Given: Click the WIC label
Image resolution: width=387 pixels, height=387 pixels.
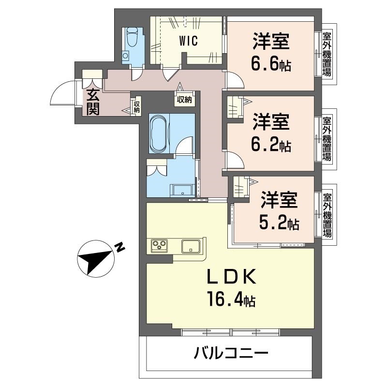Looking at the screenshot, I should click(x=189, y=41).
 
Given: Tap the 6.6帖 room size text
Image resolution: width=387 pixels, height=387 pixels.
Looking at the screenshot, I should click(x=271, y=64).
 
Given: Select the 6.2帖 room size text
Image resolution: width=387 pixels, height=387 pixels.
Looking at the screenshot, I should click(x=271, y=144).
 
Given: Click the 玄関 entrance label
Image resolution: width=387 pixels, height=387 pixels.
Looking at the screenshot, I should click(x=93, y=102).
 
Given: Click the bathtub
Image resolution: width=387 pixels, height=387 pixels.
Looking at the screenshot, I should click(x=160, y=133).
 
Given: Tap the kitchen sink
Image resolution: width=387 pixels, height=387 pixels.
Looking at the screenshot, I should click(x=192, y=246).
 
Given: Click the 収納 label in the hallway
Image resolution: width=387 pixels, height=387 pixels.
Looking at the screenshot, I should click(x=184, y=100).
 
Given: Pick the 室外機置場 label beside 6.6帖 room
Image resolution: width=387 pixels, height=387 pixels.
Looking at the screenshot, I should click(x=327, y=54).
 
